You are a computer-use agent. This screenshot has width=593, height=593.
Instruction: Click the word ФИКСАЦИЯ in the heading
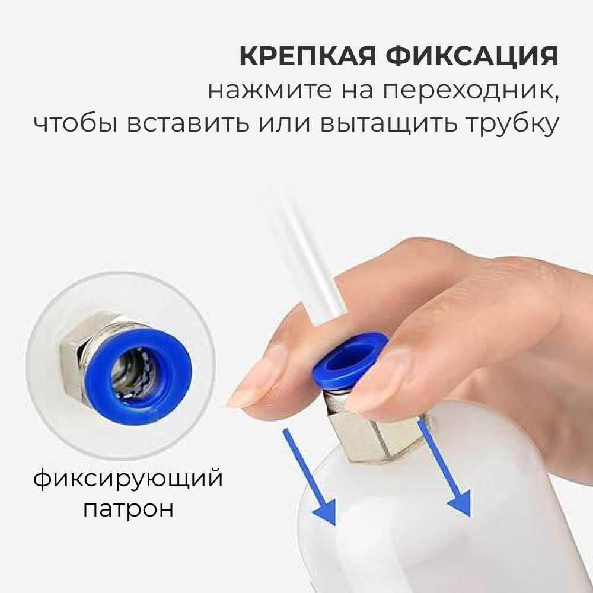pyautogui.click(x=471, y=56)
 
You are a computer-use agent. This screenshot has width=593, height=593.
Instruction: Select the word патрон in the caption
pyautogui.click(x=128, y=508)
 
